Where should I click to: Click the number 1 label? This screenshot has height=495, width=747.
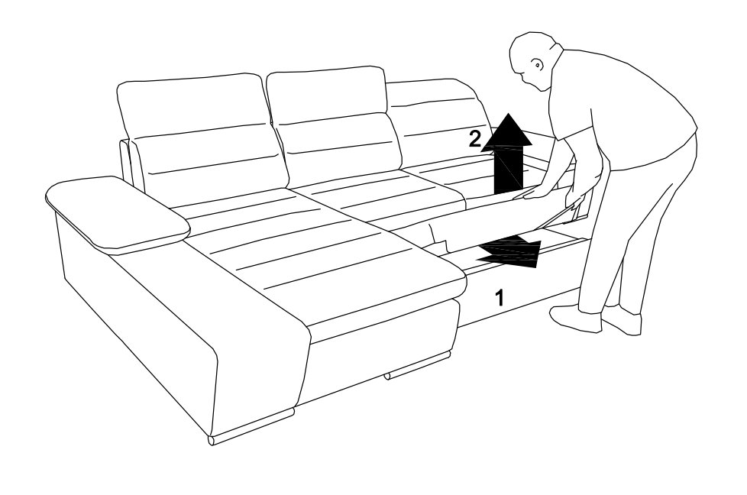(500, 298)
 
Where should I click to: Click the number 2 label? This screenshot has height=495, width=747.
(474, 139)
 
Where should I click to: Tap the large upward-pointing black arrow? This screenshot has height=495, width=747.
(507, 154)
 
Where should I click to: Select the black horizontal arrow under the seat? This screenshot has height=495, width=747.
(509, 251)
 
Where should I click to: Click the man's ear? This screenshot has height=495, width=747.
(538, 64)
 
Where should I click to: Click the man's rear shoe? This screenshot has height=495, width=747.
(622, 319)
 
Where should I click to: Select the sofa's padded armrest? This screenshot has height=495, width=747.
(117, 212)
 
